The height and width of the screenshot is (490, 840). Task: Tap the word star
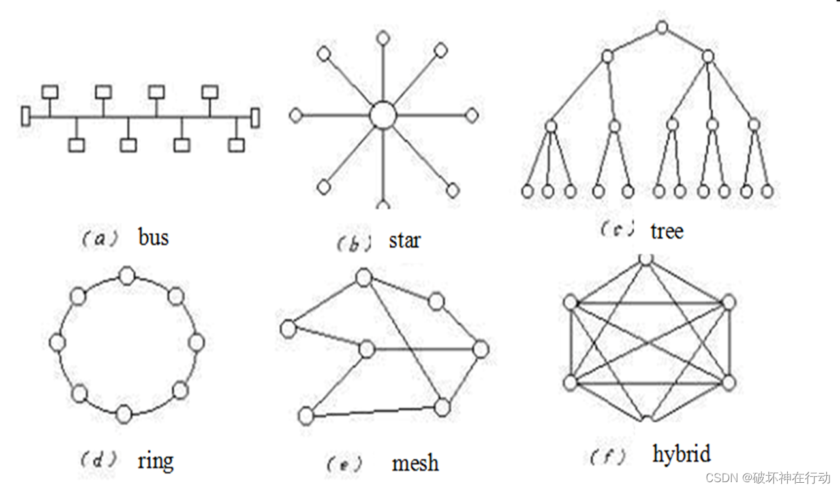pyautogui.click(x=405, y=240)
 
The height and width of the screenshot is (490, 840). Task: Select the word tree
pyautogui.click(x=666, y=230)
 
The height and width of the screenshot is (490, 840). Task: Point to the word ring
pyautogui.click(x=155, y=461)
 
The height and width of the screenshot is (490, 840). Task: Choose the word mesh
pyautogui.click(x=415, y=463)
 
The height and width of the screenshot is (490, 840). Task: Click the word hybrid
pyautogui.click(x=681, y=453)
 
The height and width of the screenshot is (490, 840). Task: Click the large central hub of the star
pyautogui.click(x=382, y=116)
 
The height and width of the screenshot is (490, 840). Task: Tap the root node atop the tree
pyautogui.click(x=662, y=27)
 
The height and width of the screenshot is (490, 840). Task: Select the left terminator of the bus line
pyautogui.click(x=25, y=116)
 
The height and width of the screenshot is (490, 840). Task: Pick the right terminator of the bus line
pyautogui.click(x=255, y=118)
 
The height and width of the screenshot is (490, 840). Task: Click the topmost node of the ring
pyautogui.click(x=127, y=276)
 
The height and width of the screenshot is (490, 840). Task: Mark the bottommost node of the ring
pyautogui.click(x=123, y=414)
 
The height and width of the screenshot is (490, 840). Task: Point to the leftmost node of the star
pyautogui.click(x=296, y=116)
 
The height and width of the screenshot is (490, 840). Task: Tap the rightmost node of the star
pyautogui.click(x=471, y=116)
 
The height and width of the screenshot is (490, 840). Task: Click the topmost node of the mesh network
pyautogui.click(x=363, y=278)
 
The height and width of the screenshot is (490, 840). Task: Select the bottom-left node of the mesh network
pyautogui.click(x=305, y=414)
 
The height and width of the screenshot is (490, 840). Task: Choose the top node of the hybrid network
pyautogui.click(x=646, y=258)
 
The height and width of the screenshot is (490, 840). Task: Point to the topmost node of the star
pyautogui.click(x=382, y=37)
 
